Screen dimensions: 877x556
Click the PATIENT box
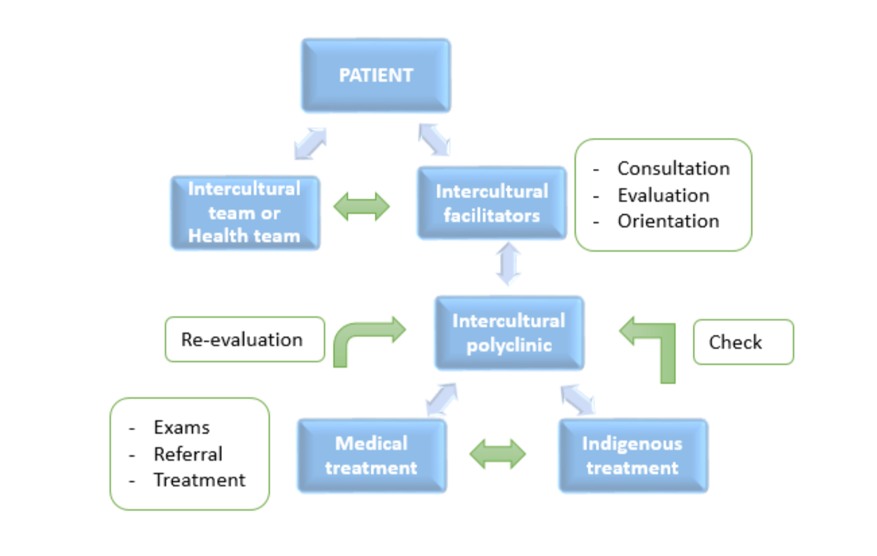coord(376,75)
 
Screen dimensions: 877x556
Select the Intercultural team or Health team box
coord(245,212)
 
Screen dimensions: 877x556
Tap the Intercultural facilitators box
coord(492,203)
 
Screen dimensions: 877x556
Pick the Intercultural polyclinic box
coord(509,333)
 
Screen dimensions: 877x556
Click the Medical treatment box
coord(372,456)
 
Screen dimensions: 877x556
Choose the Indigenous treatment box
coord(633,456)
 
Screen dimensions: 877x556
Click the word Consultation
coord(673,168)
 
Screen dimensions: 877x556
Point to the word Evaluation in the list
coord(663,195)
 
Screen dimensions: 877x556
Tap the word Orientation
coord(668,221)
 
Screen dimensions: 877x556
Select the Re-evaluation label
coord(245,340)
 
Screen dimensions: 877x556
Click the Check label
coord(743,342)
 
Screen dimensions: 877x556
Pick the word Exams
coord(182,427)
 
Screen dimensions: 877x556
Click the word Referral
coord(188,454)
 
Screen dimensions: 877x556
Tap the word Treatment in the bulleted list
coord(200,480)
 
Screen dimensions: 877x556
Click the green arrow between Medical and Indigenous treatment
coord(497,454)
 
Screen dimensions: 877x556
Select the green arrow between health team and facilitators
coord(362,206)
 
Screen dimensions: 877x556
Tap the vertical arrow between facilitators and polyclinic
coord(508,263)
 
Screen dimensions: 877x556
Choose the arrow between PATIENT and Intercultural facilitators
coord(434,140)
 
